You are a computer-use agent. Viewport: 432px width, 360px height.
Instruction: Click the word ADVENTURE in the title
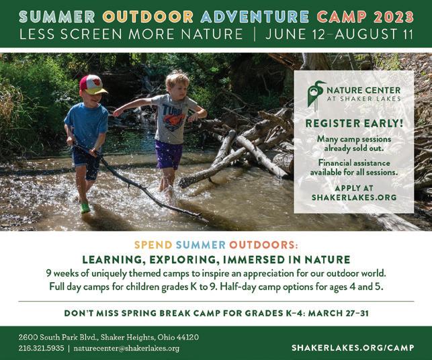(x=255, y=17)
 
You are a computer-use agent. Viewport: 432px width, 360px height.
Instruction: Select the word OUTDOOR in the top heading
(x=148, y=17)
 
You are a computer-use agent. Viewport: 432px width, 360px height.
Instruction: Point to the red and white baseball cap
(x=92, y=85)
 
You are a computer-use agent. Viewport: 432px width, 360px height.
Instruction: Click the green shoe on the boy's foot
(x=85, y=208)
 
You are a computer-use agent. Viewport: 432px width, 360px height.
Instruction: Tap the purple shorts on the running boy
(x=169, y=154)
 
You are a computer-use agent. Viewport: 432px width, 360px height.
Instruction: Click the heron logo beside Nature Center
(x=316, y=95)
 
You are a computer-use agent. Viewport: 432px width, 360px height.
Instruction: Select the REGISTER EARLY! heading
(x=354, y=124)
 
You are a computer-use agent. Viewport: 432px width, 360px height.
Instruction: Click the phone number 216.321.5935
(x=42, y=348)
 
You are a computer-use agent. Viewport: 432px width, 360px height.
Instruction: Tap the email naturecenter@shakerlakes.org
(x=126, y=349)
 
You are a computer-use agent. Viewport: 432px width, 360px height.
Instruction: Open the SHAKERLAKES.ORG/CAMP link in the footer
(x=353, y=348)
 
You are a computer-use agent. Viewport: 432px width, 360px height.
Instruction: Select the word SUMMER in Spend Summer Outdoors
(x=201, y=245)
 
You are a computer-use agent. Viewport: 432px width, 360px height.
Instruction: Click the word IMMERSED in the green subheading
(x=253, y=259)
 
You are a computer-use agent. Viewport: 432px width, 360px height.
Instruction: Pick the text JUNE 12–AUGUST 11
(x=339, y=34)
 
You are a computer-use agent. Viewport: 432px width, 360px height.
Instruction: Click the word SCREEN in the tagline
(x=91, y=34)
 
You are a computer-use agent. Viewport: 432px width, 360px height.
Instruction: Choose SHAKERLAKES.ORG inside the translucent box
(x=354, y=197)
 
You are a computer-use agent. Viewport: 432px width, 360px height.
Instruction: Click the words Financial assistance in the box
(x=354, y=163)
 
